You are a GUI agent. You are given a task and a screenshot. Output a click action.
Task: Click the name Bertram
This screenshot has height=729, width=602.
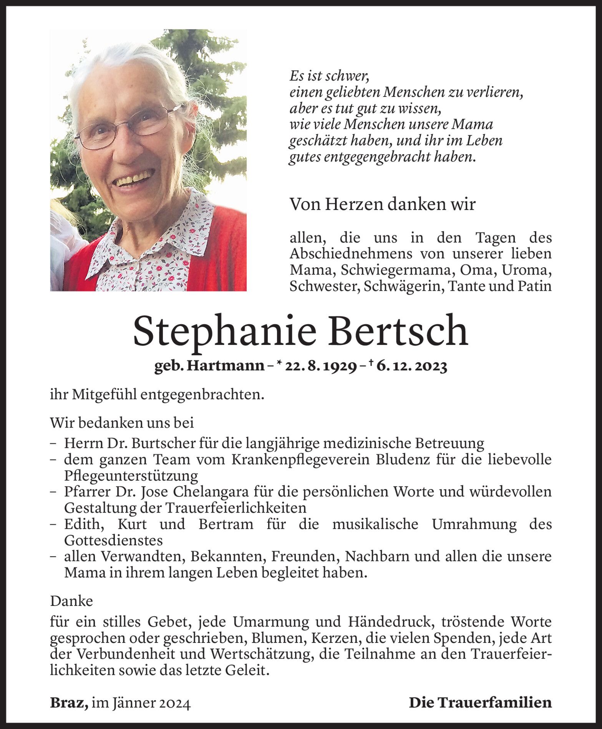(x=226, y=524)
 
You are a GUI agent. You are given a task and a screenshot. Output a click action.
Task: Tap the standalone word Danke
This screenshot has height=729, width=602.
(x=71, y=601)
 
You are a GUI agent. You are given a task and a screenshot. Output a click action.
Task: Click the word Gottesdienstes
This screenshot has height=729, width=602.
(x=113, y=540)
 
